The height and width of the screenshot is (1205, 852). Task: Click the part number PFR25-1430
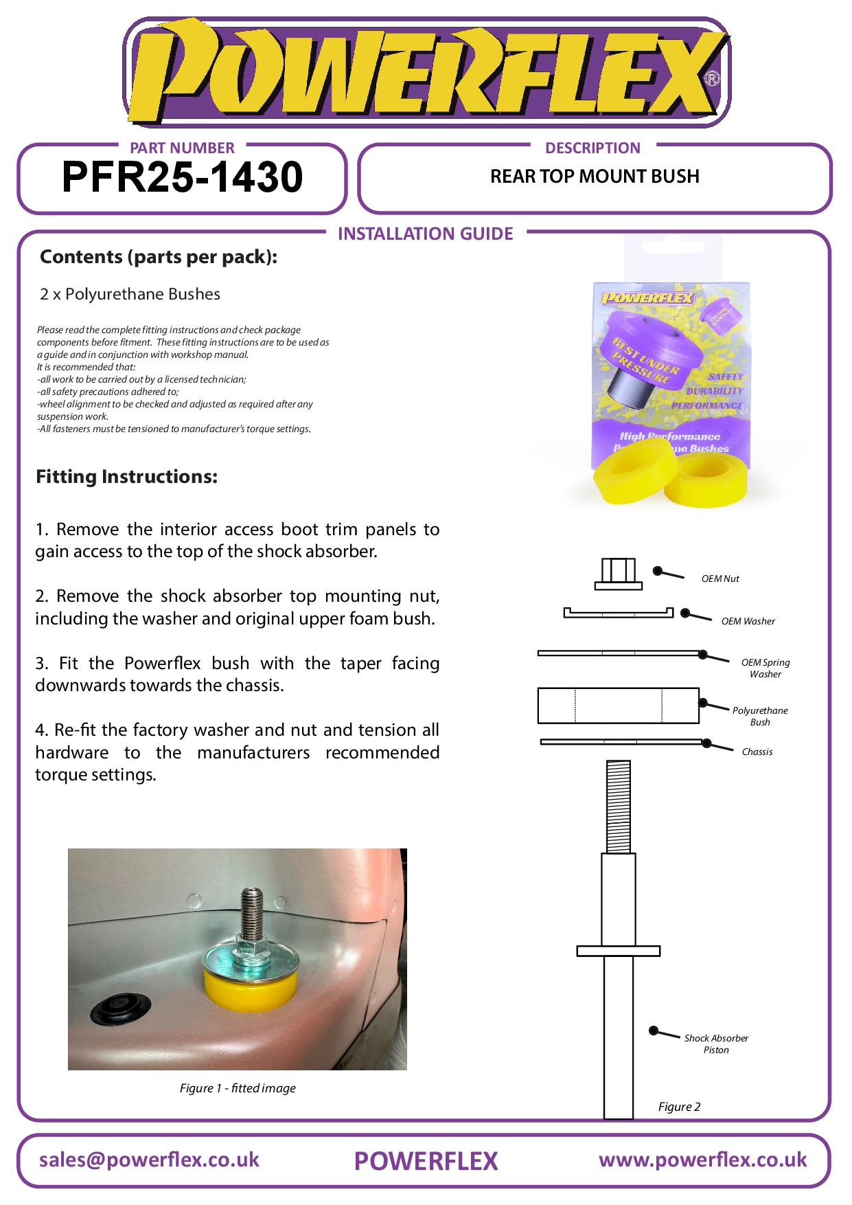click(182, 177)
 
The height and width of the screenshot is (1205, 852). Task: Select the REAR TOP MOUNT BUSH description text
click(595, 177)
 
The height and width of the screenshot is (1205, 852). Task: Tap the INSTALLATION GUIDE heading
click(425, 234)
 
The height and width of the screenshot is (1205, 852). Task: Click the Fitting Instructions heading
click(127, 477)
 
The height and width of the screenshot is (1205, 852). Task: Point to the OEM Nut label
click(720, 579)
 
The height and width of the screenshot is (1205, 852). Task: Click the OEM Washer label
click(748, 622)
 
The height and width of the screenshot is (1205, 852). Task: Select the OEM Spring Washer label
click(765, 668)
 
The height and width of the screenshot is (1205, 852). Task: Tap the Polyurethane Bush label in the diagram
click(759, 717)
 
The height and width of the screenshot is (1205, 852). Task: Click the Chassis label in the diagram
click(757, 752)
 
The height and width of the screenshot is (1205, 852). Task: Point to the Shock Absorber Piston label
click(715, 1044)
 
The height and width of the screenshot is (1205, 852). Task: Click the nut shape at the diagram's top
click(619, 574)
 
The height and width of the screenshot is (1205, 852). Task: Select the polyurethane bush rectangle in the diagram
click(618, 706)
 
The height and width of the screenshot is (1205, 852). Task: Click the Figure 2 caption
click(679, 1107)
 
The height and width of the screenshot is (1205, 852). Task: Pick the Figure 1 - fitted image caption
click(238, 1088)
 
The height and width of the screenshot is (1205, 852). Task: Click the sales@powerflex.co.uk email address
click(149, 1160)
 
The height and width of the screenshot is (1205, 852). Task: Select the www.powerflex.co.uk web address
click(702, 1160)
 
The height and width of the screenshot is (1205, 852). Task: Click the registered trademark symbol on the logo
click(713, 78)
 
